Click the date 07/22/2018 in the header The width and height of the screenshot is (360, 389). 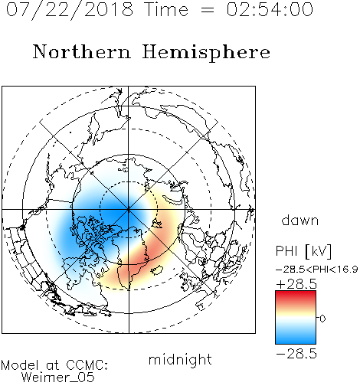[70, 10]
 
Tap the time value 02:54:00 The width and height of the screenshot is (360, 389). [270, 9]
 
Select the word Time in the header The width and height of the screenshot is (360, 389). [166, 9]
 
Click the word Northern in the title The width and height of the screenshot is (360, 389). [82, 51]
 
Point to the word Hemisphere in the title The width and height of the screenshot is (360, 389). [206, 53]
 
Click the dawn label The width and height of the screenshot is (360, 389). [300, 220]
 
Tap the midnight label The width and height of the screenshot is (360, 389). [180, 359]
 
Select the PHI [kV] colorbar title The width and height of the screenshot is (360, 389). [303, 251]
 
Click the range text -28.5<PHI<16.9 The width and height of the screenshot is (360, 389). [317, 269]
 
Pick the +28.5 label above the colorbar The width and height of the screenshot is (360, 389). [296, 284]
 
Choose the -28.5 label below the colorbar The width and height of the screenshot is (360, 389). [296, 354]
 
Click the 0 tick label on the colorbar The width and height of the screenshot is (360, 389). [322, 319]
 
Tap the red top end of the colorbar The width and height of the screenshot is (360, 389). [296, 293]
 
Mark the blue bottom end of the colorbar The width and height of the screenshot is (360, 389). [296, 342]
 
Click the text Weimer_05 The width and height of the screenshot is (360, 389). [58, 378]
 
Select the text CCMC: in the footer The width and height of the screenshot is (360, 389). [87, 365]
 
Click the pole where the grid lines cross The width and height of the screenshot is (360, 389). [129, 209]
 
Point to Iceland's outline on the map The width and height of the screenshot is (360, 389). [156, 270]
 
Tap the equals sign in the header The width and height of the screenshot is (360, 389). [208, 10]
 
